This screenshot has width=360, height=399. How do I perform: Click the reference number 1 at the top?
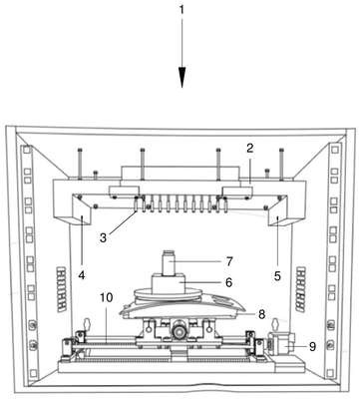click(181, 10)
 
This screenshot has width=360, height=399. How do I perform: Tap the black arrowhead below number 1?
click(181, 78)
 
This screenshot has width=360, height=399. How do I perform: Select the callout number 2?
click(250, 149)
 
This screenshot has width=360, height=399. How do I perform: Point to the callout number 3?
click(104, 237)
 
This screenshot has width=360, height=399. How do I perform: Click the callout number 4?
click(82, 275)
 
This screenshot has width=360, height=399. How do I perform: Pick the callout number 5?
click(277, 275)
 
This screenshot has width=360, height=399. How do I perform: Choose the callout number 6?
click(228, 282)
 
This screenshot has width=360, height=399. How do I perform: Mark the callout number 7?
click(229, 261)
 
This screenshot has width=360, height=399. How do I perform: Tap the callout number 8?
click(262, 314)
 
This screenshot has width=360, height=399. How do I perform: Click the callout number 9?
click(312, 346)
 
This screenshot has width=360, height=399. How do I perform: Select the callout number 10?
click(107, 297)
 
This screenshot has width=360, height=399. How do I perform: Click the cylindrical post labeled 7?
click(170, 262)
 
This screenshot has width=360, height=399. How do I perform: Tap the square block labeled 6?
click(169, 283)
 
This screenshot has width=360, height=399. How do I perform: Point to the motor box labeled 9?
click(282, 344)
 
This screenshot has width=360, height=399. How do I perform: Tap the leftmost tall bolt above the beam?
click(81, 164)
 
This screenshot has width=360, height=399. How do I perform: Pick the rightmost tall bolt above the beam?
click(282, 164)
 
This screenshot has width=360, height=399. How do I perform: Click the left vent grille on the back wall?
click(62, 288)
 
